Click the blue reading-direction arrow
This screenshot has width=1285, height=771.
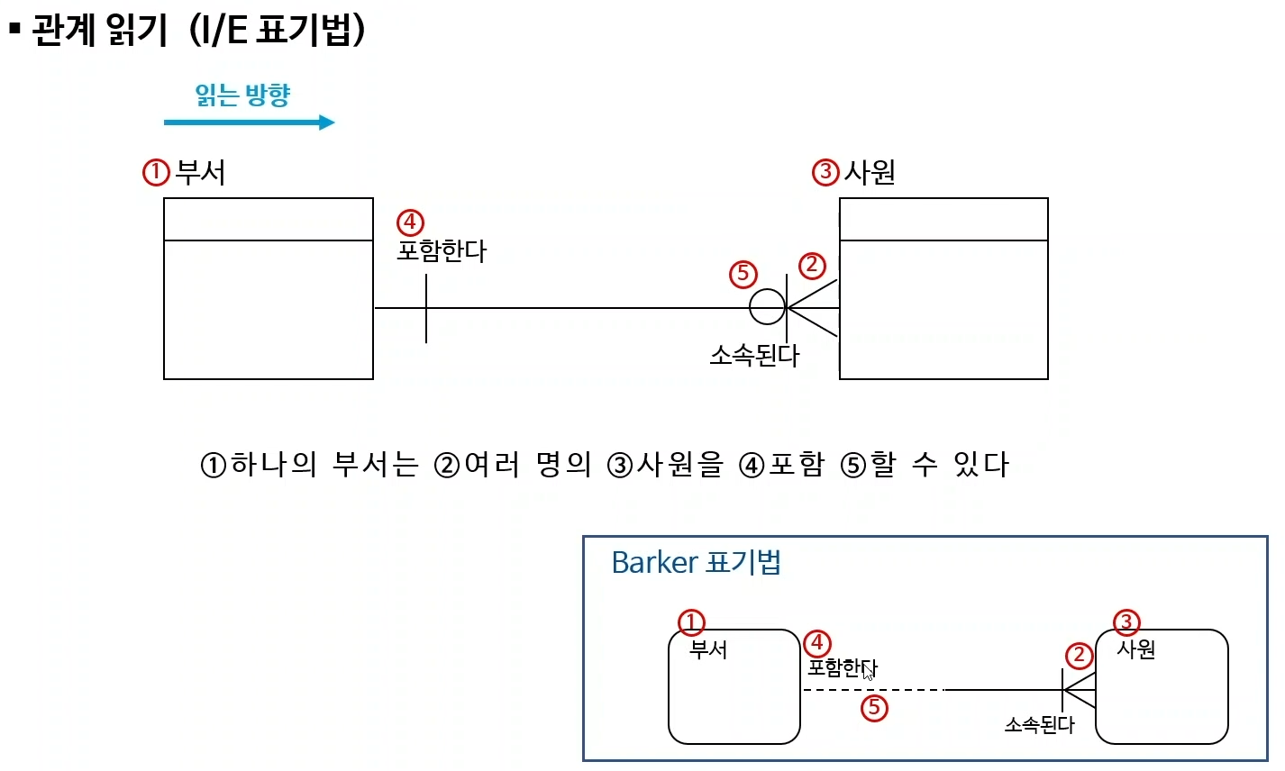(x=249, y=122)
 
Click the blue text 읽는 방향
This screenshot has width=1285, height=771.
(x=242, y=95)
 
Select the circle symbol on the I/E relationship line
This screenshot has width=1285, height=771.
(x=767, y=307)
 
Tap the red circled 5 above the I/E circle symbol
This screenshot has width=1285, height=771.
(x=743, y=274)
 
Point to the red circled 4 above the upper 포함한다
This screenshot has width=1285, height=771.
(x=410, y=222)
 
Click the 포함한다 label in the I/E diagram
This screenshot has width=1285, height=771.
(x=442, y=250)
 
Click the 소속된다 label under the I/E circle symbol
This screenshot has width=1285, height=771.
(x=754, y=355)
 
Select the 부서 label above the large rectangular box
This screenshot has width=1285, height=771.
(x=200, y=172)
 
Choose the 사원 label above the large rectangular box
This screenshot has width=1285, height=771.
(x=870, y=172)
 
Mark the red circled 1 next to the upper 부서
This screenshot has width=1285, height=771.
(x=156, y=172)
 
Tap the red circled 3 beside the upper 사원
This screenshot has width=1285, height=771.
(x=825, y=172)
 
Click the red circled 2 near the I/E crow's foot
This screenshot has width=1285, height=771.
(x=812, y=265)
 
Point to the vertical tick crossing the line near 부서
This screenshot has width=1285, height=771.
(x=426, y=308)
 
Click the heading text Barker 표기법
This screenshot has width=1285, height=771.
(x=696, y=562)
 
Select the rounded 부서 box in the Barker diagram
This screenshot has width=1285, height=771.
(x=734, y=694)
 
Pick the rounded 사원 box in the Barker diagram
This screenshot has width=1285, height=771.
(x=1162, y=694)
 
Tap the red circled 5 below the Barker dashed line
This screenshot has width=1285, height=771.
(x=873, y=708)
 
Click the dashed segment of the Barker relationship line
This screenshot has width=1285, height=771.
(x=872, y=690)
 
